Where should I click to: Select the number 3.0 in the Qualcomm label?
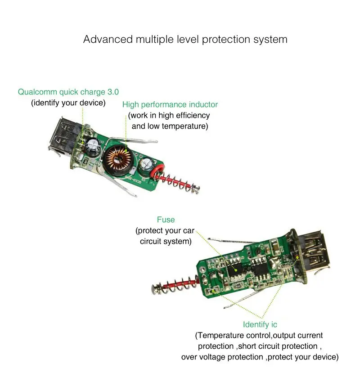pos(113,92)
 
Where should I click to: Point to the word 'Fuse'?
pos(166,220)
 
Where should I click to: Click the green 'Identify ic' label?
pos(260,324)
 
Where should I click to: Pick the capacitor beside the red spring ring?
pos(147,165)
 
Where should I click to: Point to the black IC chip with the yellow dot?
pos(234,269)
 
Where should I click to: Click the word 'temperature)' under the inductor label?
pos(185,126)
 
